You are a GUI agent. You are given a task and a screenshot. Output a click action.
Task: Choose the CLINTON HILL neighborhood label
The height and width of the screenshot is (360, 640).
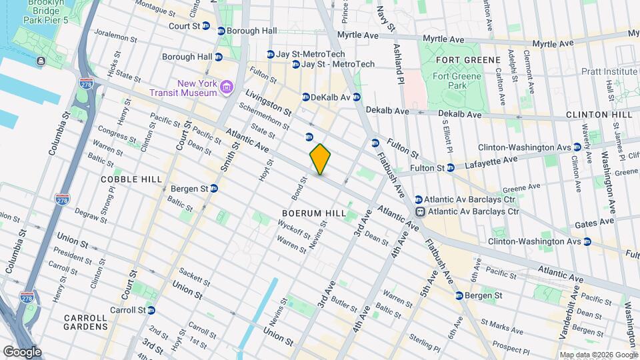point(599,115)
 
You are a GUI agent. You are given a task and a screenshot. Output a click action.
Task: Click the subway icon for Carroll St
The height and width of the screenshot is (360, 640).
point(151,310)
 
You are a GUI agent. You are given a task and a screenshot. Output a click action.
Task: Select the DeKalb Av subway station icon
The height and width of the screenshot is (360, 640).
point(306,97)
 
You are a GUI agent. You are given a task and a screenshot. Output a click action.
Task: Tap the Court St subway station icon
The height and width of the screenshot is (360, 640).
point(206,26)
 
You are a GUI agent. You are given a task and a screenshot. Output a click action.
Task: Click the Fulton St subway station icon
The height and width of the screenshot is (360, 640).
point(451,167)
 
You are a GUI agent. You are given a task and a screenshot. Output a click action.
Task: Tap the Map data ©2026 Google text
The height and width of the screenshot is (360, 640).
point(598,355)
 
